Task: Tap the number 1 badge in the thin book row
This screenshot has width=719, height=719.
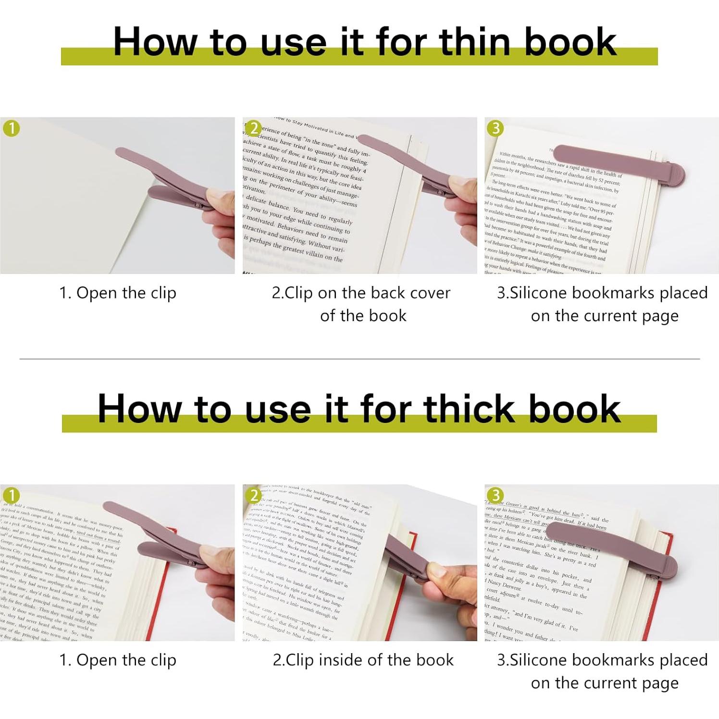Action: pyautogui.click(x=11, y=128)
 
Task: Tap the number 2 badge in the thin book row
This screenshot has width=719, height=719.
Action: pyautogui.click(x=254, y=128)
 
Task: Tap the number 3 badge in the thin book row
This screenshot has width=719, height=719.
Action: pyautogui.click(x=496, y=128)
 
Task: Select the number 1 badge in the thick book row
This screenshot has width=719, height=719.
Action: pyautogui.click(x=11, y=496)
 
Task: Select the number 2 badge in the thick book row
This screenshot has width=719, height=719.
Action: pyautogui.click(x=254, y=496)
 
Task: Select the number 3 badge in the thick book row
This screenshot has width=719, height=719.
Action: pyautogui.click(x=496, y=496)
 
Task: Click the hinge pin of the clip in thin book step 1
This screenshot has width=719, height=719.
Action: pyautogui.click(x=198, y=205)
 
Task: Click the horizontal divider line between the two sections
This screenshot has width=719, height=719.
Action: pyautogui.click(x=359, y=359)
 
